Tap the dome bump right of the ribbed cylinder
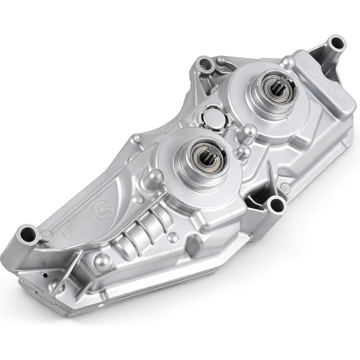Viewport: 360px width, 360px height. pos(174,238)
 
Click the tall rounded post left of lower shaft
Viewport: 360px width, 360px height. pos(155,175)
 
